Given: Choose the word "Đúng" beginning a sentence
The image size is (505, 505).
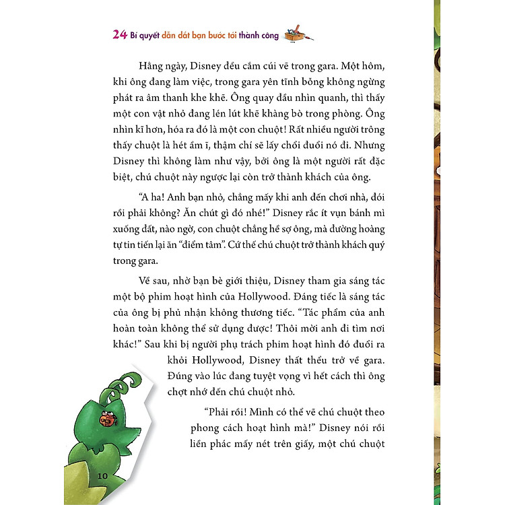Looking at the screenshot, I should [x=180, y=378].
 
